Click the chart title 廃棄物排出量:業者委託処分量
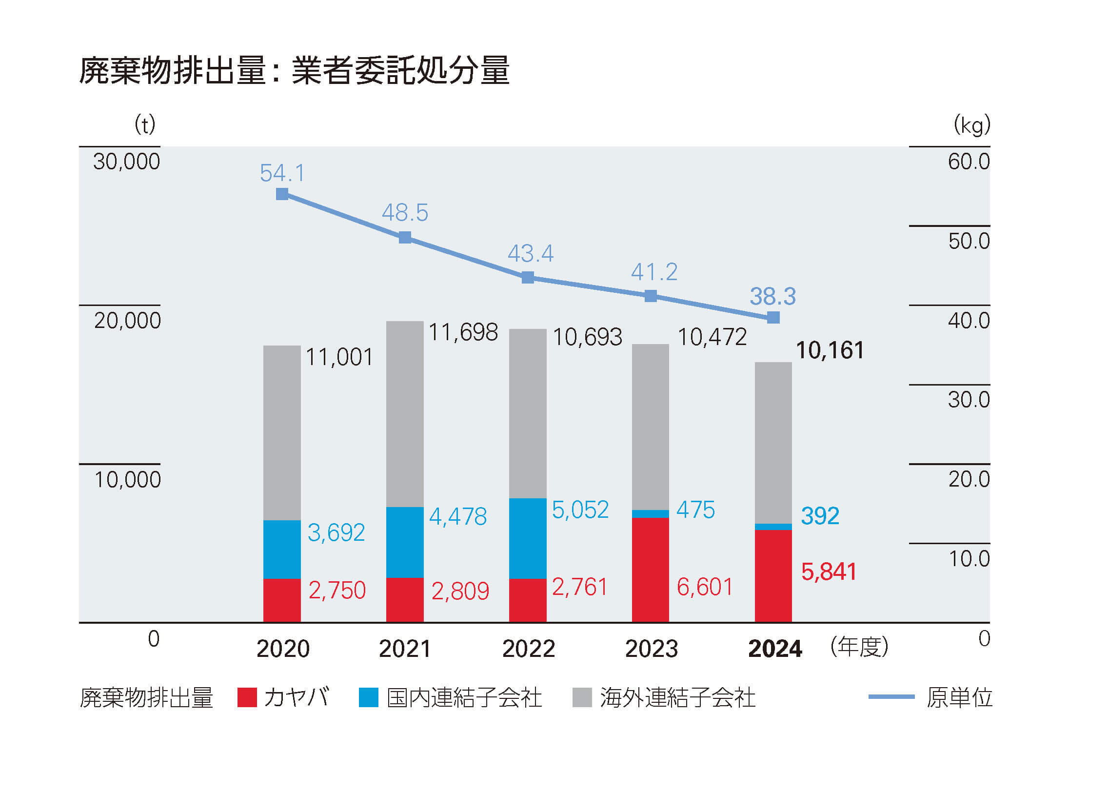point(294,70)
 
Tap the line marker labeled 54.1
point(282,194)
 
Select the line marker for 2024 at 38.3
point(773,318)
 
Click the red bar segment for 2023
point(650,570)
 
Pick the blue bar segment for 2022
point(528,538)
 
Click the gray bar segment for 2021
point(404,414)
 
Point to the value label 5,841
point(829,571)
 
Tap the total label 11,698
point(463,332)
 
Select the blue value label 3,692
point(336,532)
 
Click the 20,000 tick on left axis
point(127,321)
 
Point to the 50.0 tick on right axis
point(969,241)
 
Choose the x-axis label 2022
point(529,649)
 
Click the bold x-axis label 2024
point(775,649)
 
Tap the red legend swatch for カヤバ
point(247,697)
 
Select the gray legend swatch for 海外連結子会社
point(582,697)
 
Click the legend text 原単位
point(959,697)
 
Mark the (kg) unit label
point(972,125)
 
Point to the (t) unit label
point(145,124)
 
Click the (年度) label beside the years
point(859,647)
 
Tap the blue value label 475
point(695,510)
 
